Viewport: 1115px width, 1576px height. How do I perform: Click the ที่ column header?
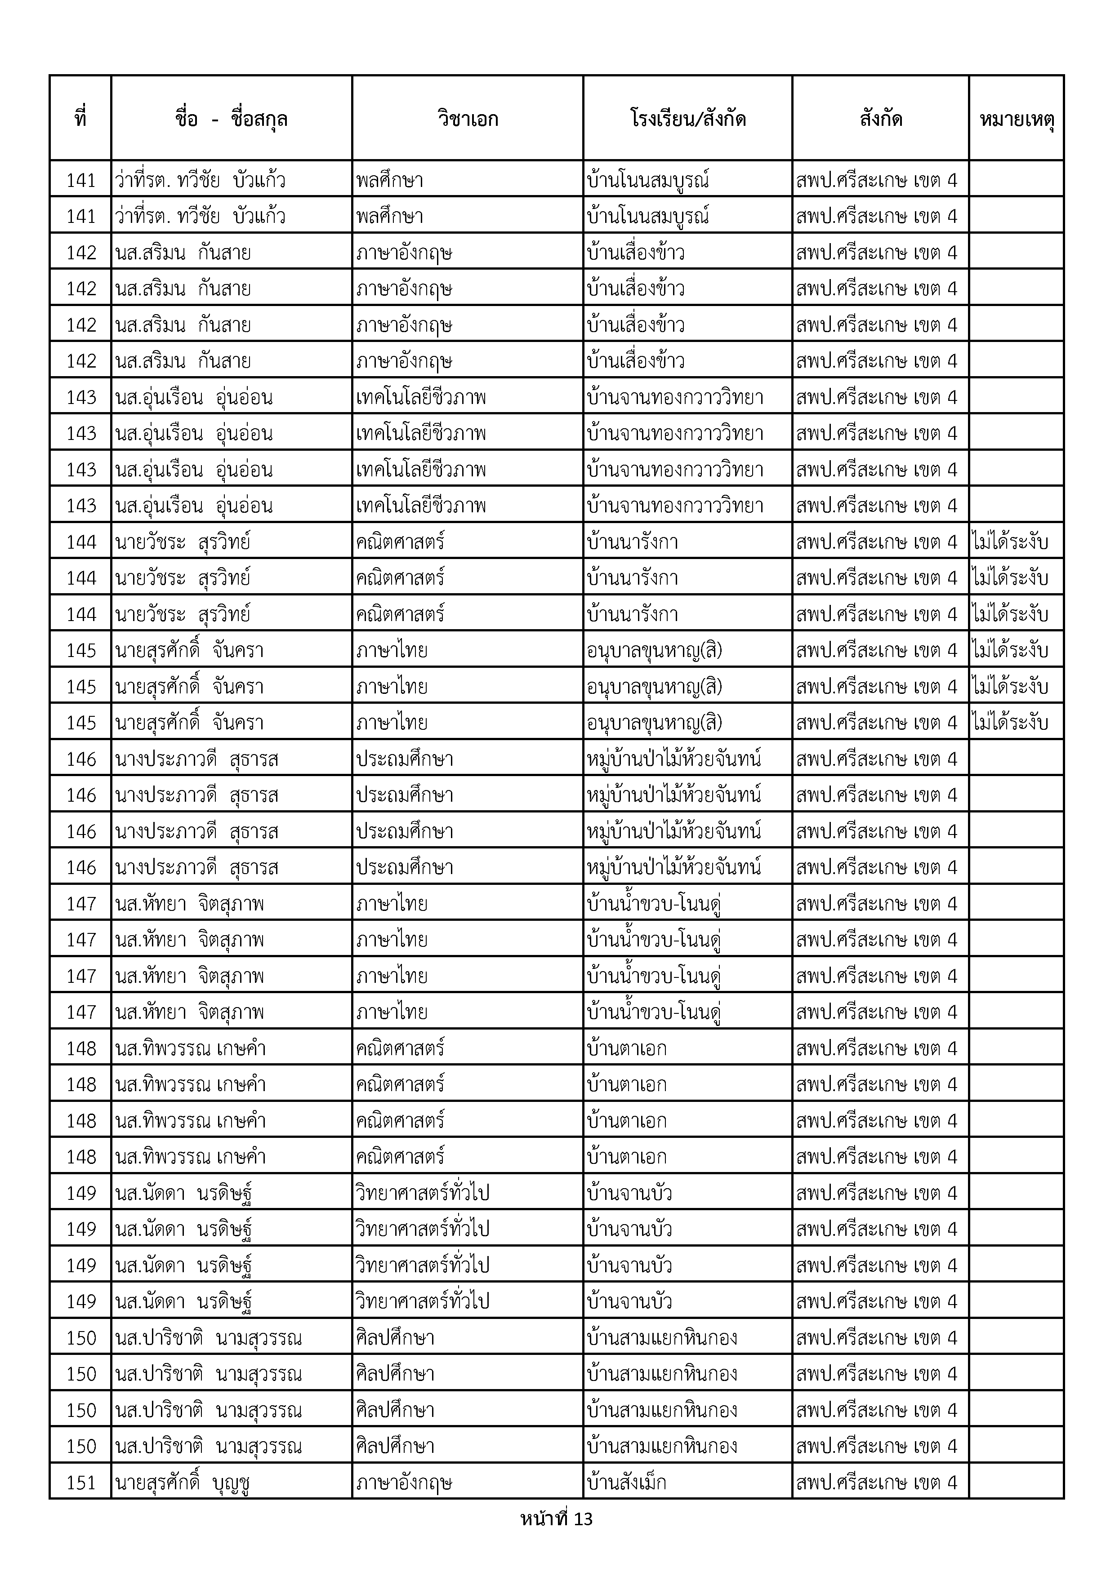pyautogui.click(x=80, y=119)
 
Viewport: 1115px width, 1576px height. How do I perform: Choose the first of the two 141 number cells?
pyautogui.click(x=81, y=181)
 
